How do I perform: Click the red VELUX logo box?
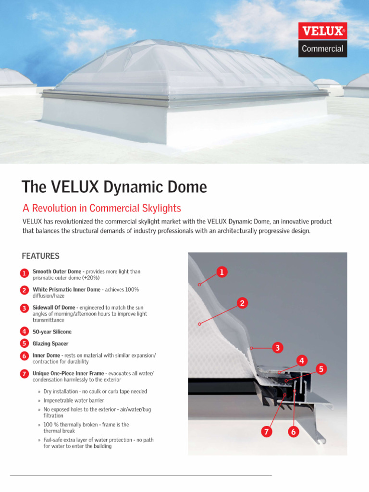tap(322, 31)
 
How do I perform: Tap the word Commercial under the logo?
tap(322, 49)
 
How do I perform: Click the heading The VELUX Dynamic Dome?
tap(114, 187)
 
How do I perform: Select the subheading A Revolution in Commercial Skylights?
tap(102, 208)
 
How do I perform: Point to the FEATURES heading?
tap(41, 256)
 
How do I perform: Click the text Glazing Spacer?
tap(50, 344)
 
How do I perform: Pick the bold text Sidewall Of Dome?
tap(54, 307)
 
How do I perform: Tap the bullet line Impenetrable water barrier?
tap(74, 400)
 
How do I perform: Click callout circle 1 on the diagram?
tap(221, 272)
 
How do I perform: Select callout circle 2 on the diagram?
tap(243, 303)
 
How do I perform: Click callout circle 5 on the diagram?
tap(321, 369)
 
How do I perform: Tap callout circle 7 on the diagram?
tap(266, 432)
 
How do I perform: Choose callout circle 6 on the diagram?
tap(293, 432)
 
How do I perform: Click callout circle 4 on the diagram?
tap(301, 360)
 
